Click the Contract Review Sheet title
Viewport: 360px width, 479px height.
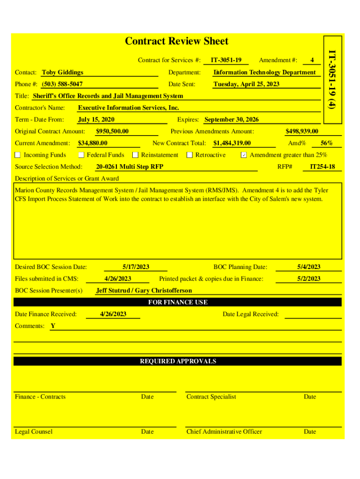pos(177,41)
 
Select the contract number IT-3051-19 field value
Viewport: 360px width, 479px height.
pos(226,60)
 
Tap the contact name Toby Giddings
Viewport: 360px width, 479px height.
pos(63,72)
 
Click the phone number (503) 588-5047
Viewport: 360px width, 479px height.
pos(63,84)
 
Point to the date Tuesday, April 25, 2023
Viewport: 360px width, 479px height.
pos(246,84)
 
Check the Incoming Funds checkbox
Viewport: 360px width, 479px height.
pos(18,155)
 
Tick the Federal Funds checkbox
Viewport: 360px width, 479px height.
pos(81,155)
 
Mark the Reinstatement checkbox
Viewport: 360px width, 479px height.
pos(136,155)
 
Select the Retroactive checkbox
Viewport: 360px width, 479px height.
pos(190,155)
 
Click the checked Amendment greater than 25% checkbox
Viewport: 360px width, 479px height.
pos(244,155)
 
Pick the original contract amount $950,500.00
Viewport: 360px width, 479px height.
pos(112,131)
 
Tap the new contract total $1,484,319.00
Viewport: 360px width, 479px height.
pos(232,143)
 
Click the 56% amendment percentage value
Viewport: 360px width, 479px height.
pos(327,143)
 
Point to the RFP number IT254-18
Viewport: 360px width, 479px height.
pos(323,167)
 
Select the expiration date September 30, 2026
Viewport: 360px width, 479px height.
pos(231,119)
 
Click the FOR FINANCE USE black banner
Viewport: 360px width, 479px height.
pos(178,302)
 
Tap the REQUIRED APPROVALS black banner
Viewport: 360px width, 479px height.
pos(178,361)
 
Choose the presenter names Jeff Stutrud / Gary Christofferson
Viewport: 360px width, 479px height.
pos(144,290)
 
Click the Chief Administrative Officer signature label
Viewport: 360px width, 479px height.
pos(224,431)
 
